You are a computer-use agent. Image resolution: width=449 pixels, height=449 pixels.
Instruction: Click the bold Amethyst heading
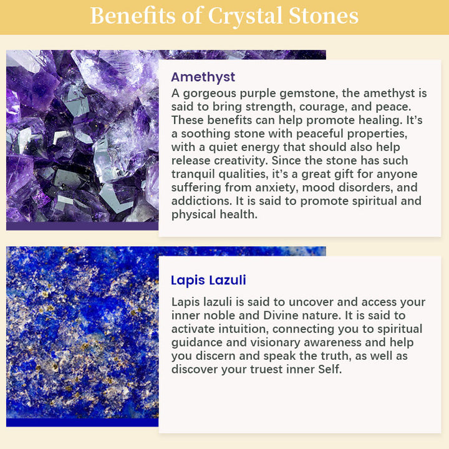click(x=203, y=77)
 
